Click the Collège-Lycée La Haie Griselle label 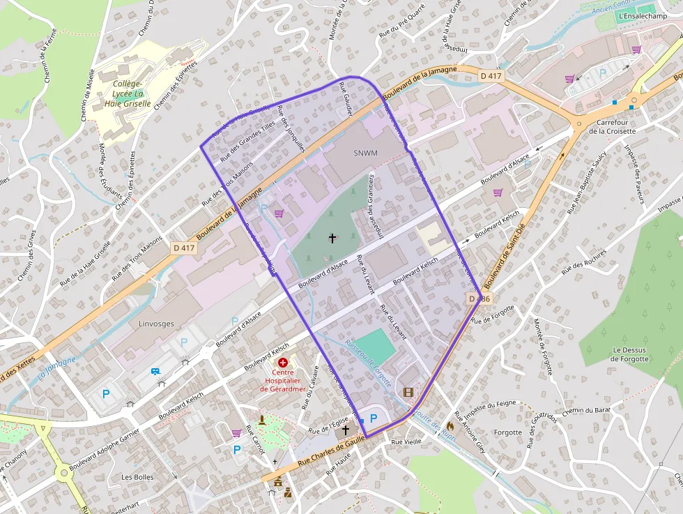(128, 93)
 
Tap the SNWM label (364, 153)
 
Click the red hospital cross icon (283, 363)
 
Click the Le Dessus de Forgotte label (629, 354)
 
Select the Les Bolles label (137, 477)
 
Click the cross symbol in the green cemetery (332, 239)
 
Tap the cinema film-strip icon (408, 392)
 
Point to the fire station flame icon (450, 424)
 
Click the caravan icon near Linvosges (155, 372)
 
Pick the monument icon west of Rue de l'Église (261, 420)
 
